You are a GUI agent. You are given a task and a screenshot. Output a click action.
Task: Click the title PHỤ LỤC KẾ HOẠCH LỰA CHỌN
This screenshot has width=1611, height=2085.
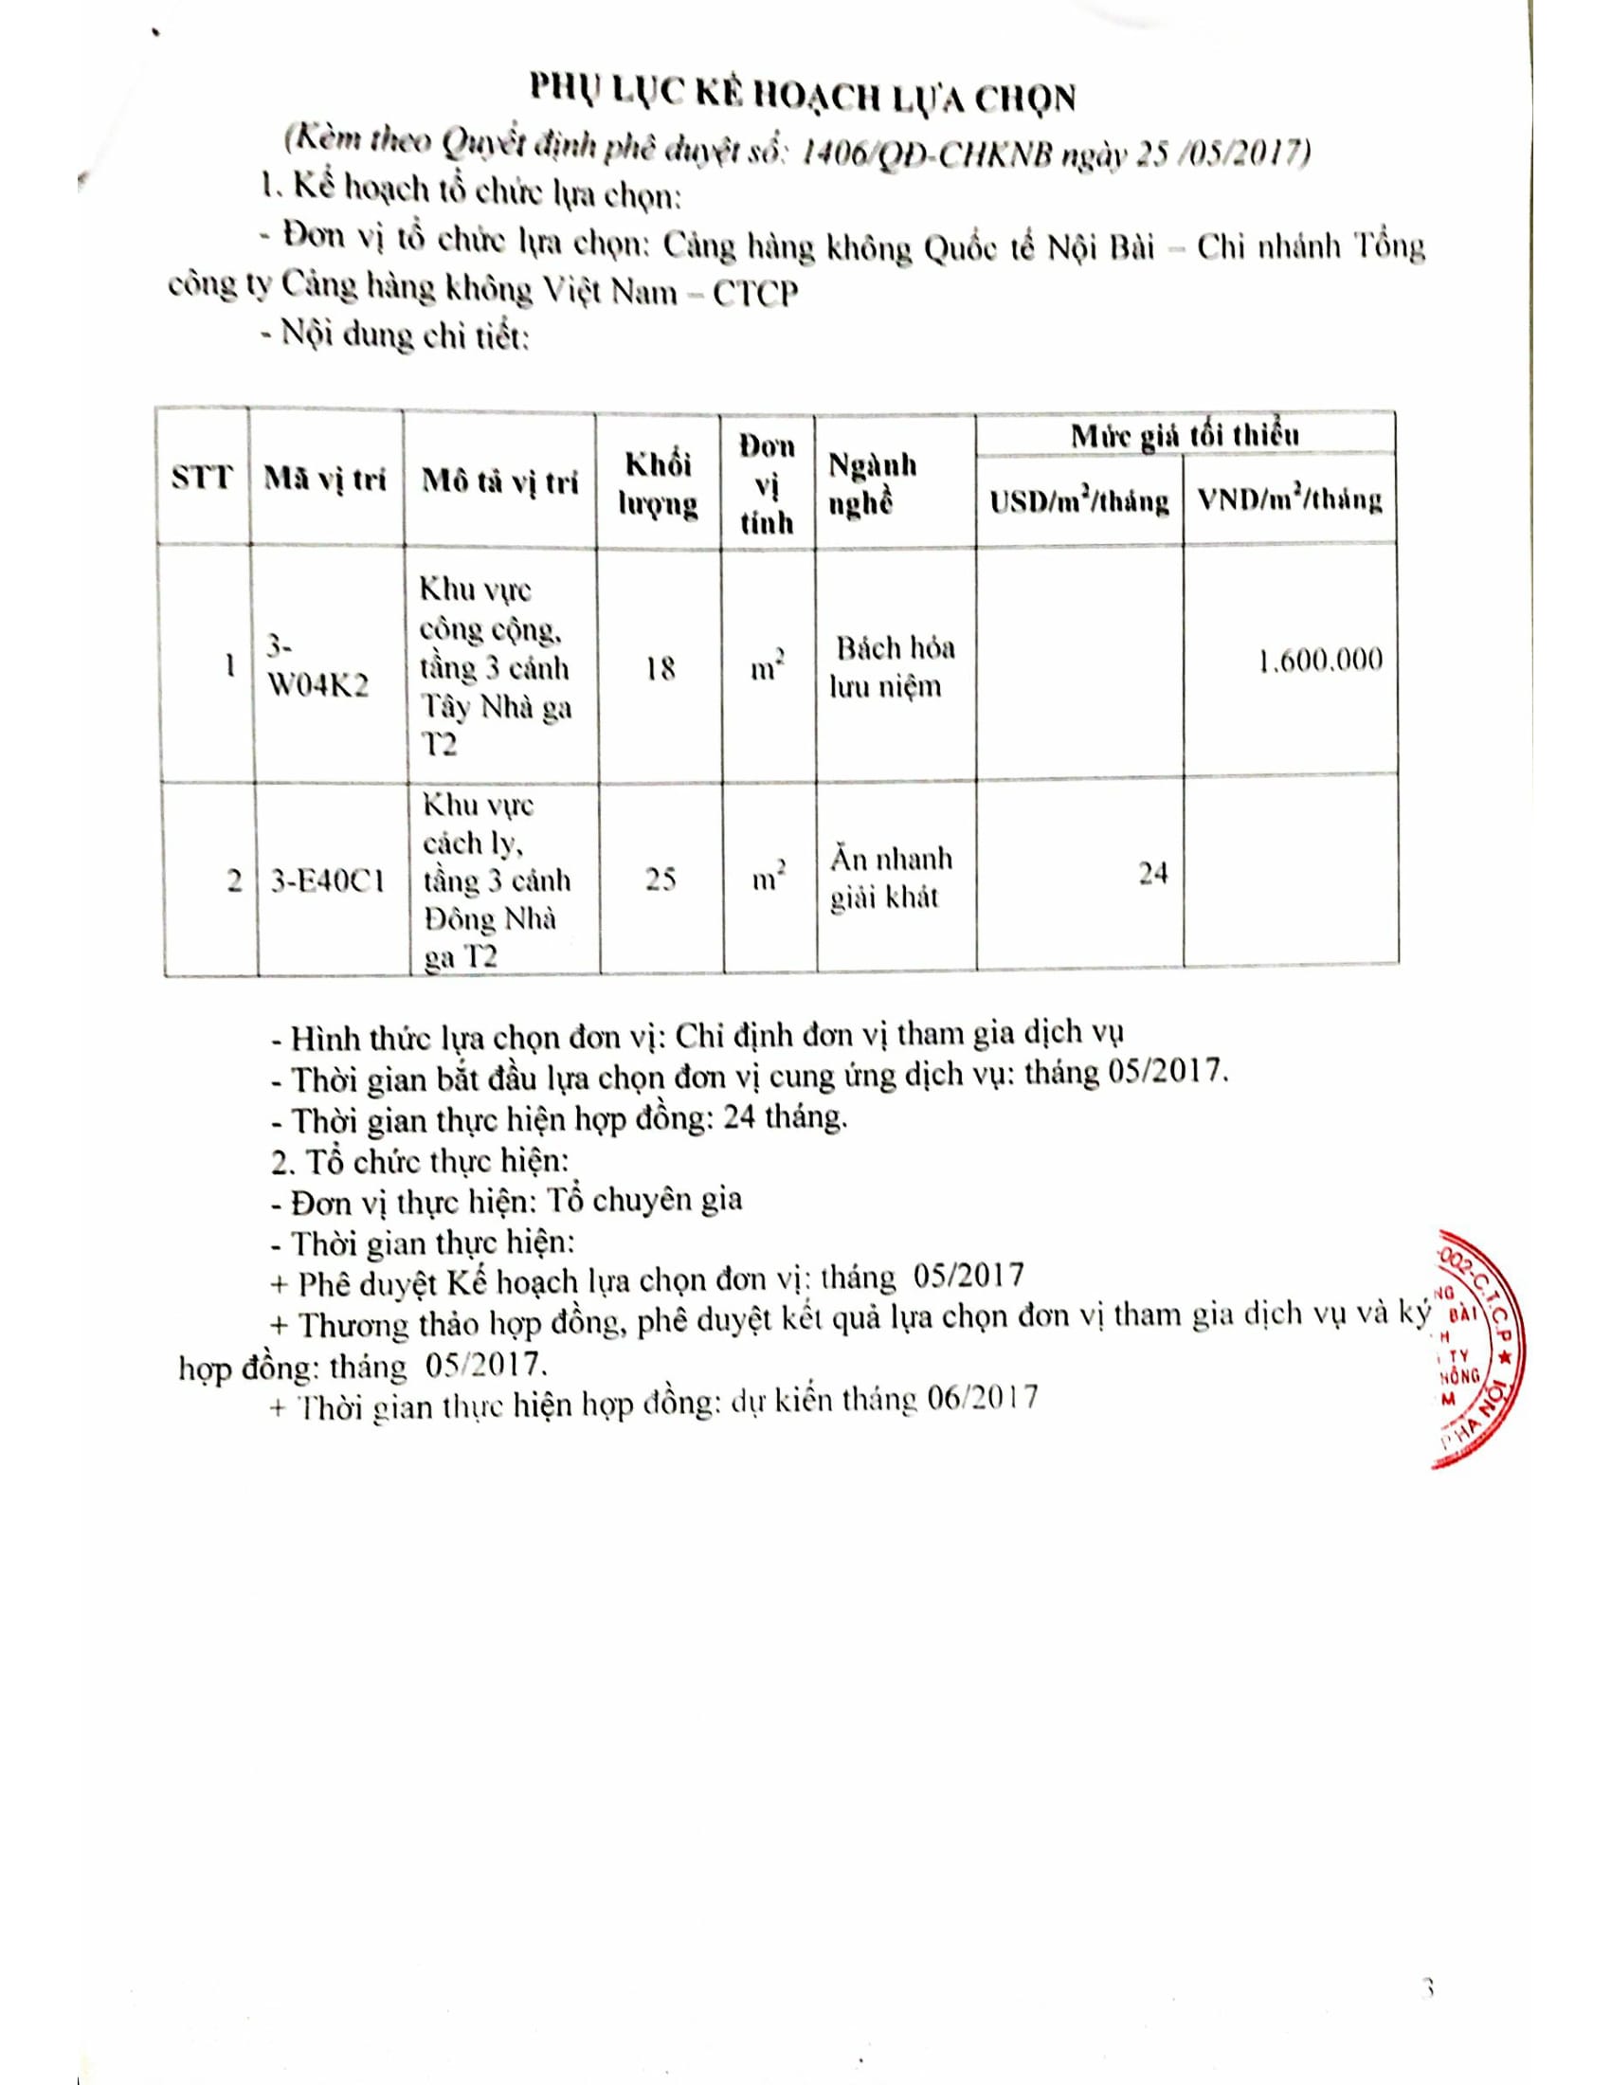(x=803, y=99)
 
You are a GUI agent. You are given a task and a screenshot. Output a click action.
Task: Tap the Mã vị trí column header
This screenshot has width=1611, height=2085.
(x=324, y=480)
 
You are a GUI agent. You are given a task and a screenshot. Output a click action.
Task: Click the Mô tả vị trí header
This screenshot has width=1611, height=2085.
(x=500, y=482)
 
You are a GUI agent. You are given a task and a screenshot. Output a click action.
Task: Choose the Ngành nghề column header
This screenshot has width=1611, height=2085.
(x=872, y=484)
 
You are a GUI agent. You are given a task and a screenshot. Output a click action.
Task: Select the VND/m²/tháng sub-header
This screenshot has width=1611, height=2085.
(x=1290, y=500)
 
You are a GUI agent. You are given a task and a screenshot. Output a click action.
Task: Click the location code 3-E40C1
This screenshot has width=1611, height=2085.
(x=326, y=880)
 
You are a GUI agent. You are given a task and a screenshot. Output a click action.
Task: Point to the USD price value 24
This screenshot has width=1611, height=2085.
(x=1153, y=873)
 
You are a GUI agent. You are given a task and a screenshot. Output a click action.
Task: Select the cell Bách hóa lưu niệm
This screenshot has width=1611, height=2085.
(x=892, y=666)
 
